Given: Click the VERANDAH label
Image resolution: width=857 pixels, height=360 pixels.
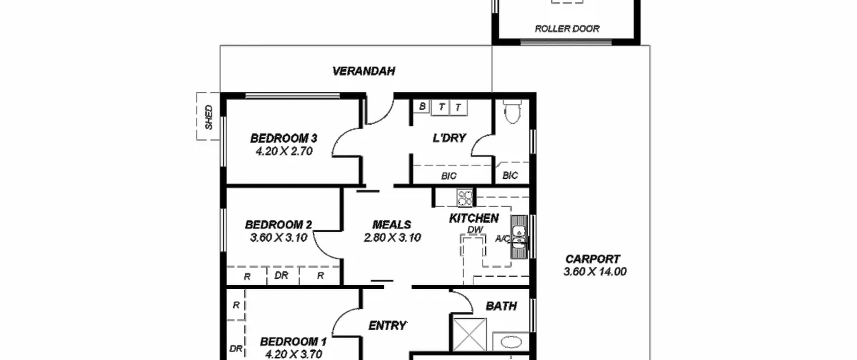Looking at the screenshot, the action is click(364, 71).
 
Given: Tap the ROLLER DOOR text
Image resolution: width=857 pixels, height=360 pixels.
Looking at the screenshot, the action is click(567, 29).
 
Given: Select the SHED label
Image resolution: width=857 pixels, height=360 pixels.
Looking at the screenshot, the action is click(209, 117).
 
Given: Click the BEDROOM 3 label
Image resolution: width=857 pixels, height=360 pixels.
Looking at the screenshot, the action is click(284, 138).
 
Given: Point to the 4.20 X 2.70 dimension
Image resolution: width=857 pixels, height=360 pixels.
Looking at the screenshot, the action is click(284, 151).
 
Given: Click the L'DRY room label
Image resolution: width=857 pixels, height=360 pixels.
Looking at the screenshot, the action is click(449, 138).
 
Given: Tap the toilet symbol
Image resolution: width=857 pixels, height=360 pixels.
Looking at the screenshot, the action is click(512, 112).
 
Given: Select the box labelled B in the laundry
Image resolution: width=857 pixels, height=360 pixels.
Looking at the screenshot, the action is click(421, 106).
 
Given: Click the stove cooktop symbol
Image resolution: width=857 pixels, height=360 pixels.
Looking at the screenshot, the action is click(465, 198).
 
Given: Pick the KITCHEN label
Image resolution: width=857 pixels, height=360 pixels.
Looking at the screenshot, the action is click(474, 218).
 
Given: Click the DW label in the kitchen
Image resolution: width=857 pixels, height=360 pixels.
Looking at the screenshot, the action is click(475, 230).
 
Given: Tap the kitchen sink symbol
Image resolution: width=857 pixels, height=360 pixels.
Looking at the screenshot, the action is click(519, 237).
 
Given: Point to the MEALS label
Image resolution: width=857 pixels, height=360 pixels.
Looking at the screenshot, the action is click(392, 224).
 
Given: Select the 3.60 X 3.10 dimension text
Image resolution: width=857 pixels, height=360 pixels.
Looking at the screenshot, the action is click(279, 238).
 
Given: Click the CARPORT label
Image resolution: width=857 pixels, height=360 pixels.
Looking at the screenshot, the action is click(593, 259).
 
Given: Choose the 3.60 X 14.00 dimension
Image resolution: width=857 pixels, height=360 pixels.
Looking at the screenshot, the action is click(595, 272).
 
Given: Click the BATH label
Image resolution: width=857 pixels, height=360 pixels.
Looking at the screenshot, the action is click(501, 306).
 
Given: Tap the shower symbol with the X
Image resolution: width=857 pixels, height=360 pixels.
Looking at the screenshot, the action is click(470, 334).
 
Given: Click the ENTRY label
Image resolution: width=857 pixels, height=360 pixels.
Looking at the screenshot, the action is click(388, 326).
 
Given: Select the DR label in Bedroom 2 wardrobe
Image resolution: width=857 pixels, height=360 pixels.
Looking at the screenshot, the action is click(281, 275).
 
